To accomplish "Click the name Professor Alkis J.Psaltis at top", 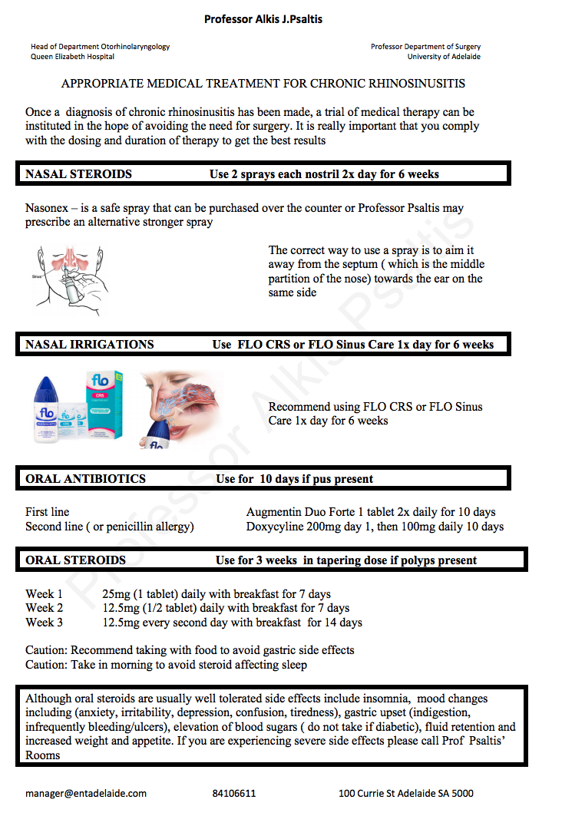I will (263, 19).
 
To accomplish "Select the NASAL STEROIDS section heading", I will (78, 174).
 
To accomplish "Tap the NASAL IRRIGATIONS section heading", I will (89, 345).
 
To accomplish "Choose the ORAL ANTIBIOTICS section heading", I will (85, 479).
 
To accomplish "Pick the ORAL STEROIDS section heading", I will (75, 560).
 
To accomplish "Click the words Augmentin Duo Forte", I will (301, 512).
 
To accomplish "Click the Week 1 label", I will (45, 593).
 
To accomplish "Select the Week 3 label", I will (45, 623).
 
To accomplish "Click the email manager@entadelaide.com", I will (85, 794).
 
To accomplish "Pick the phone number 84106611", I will (234, 794).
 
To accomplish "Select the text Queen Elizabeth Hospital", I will (73, 57).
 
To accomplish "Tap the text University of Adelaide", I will (444, 57).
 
